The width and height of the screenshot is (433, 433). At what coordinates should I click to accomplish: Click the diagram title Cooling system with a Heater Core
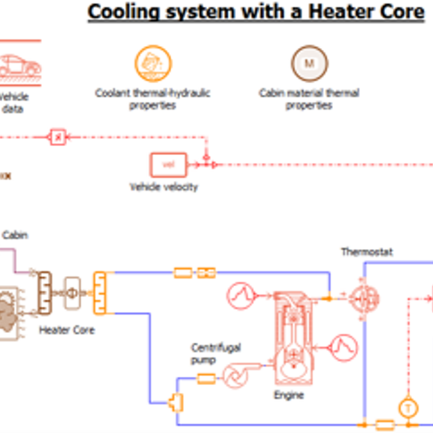pos(256,12)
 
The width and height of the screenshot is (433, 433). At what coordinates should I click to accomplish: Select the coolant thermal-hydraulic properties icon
pos(153,64)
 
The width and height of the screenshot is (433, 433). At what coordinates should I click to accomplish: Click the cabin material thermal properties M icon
pos(309,64)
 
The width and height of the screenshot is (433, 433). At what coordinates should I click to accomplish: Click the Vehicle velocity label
pos(164,187)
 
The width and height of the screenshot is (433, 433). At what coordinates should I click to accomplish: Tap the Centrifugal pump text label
pos(216,354)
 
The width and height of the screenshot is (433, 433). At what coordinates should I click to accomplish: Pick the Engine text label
pos(289,395)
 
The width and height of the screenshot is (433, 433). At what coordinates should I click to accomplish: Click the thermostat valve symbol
pos(366,298)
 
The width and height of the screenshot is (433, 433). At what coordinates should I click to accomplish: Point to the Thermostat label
pos(367,252)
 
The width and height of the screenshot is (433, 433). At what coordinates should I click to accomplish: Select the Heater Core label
pos(67,330)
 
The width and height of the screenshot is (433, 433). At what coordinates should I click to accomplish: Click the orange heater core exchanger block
pos(99,293)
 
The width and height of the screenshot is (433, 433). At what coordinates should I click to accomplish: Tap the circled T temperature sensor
pos(408,407)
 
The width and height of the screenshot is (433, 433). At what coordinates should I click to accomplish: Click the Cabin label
pos(15,235)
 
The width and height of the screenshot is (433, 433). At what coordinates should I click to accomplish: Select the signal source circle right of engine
pos(342,346)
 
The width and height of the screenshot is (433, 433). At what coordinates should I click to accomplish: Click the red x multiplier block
pos(58,137)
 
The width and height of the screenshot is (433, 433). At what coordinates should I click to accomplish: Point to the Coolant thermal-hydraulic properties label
pos(153,99)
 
